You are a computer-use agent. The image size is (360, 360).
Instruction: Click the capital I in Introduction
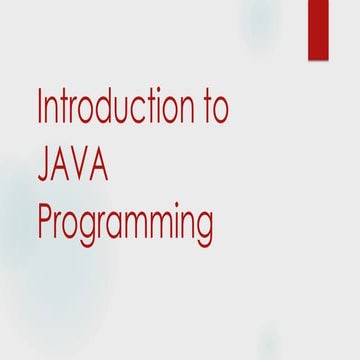[x=41, y=107]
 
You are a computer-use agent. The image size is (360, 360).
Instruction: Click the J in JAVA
[x=44, y=165]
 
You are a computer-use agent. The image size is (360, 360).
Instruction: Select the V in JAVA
[x=84, y=164]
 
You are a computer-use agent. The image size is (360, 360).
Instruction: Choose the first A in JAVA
[x=63, y=164]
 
